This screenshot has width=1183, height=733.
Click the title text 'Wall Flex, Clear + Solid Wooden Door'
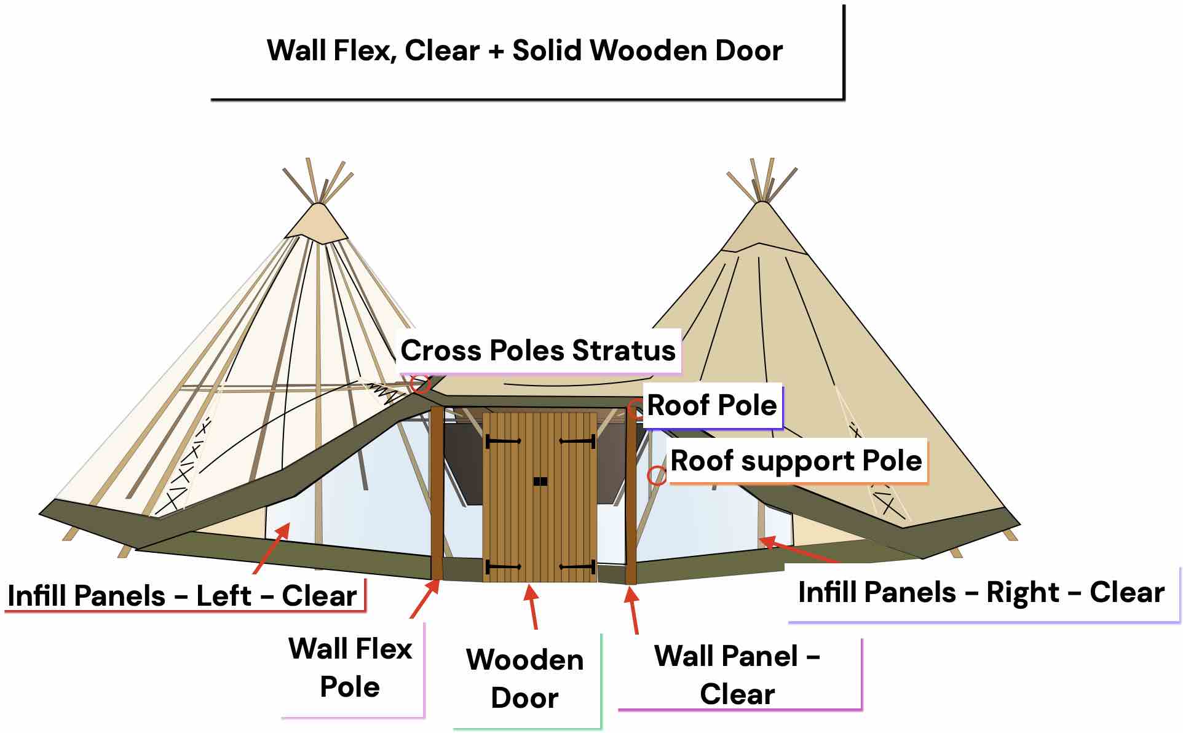[x=524, y=50]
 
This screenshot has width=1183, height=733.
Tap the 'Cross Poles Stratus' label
[x=537, y=351]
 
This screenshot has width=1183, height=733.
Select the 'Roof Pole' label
[x=711, y=405]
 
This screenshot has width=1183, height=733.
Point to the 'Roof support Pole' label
[x=796, y=461]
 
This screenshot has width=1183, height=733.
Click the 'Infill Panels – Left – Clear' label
[x=182, y=595]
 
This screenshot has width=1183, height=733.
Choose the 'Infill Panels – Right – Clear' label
[x=981, y=592]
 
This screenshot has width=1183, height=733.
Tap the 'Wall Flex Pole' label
[x=350, y=667]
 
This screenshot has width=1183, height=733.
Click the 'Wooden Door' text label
[x=524, y=678]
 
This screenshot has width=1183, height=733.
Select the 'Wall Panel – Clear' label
[x=737, y=675]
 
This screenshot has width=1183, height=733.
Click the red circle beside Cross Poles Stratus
[x=421, y=385]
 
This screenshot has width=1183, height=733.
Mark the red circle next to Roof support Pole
[x=657, y=475]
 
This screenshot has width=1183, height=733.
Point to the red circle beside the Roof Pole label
[x=635, y=409]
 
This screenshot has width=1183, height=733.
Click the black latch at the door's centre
[x=540, y=481]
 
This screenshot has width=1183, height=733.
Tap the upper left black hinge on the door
[x=503, y=441]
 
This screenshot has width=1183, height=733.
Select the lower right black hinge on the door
[x=577, y=566]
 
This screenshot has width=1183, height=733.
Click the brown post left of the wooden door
[x=437, y=492]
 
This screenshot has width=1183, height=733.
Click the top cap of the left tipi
[x=317, y=224]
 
